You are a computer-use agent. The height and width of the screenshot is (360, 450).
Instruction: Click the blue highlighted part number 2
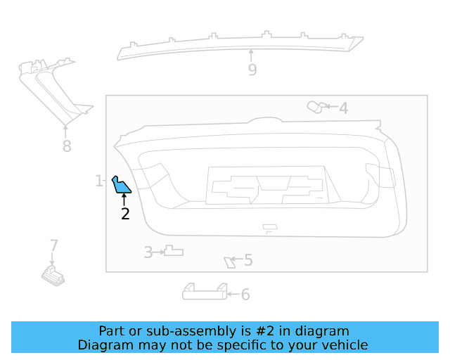pyautogui.click(x=120, y=186)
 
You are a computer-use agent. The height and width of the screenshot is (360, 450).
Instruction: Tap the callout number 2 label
pyautogui.click(x=125, y=214)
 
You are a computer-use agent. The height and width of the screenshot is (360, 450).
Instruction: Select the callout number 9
pyautogui.click(x=252, y=70)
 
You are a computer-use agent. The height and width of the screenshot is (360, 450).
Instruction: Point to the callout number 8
pyautogui.click(x=67, y=146)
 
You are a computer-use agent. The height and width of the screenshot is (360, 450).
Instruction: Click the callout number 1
pyautogui.click(x=98, y=181)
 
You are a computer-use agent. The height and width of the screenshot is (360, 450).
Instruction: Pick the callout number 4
pyautogui.click(x=344, y=108)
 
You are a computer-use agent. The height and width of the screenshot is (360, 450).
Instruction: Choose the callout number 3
pyautogui.click(x=148, y=252)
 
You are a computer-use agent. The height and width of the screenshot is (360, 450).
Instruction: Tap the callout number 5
pyautogui.click(x=248, y=260)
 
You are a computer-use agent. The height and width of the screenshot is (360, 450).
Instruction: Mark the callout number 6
pyautogui.click(x=245, y=295)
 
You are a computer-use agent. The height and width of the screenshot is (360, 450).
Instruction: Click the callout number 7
pyautogui.click(x=54, y=245)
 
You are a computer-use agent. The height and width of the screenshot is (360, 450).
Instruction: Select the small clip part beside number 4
pyautogui.click(x=317, y=108)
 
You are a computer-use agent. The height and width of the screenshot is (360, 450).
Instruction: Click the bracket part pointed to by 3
pyautogui.click(x=174, y=250)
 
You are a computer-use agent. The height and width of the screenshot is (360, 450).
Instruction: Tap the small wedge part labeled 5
pyautogui.click(x=230, y=263)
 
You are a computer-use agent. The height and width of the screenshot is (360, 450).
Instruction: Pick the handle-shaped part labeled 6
pyautogui.click(x=205, y=292)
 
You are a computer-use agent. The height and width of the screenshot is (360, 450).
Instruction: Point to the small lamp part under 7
pyautogui.click(x=53, y=276)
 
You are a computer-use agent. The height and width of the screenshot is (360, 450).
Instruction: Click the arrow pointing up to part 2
pyautogui.click(x=124, y=200)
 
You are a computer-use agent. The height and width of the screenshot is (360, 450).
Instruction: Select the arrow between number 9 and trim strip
pyautogui.click(x=252, y=56)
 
